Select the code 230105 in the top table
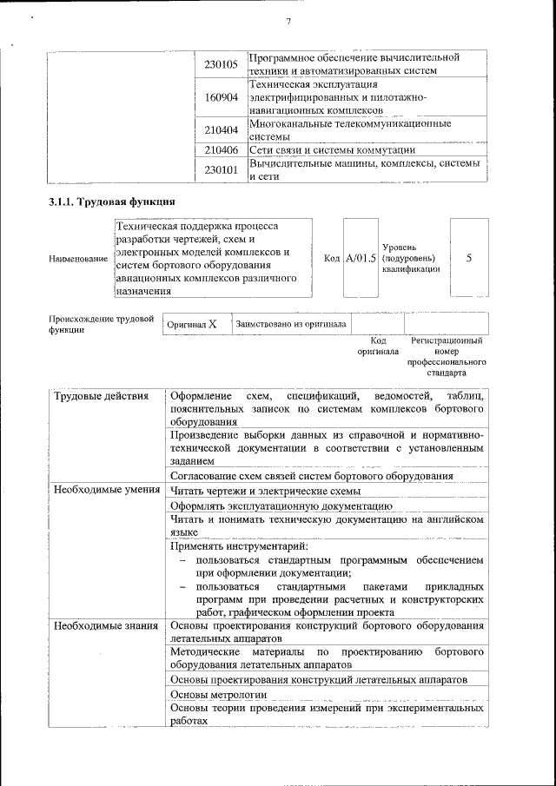pyautogui.click(x=221, y=64)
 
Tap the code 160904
pyautogui.click(x=221, y=98)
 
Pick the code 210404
pyautogui.click(x=221, y=130)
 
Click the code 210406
pyautogui.click(x=221, y=149)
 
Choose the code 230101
pyautogui.click(x=221, y=169)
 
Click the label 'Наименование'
pyautogui.click(x=79, y=260)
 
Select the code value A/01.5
pyautogui.click(x=361, y=258)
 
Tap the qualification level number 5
pyautogui.click(x=469, y=258)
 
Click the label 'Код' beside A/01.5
pyautogui.click(x=332, y=258)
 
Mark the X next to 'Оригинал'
pyautogui.click(x=212, y=324)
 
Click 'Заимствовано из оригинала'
pyautogui.click(x=290, y=324)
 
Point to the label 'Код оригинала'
pyautogui.click(x=378, y=347)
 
